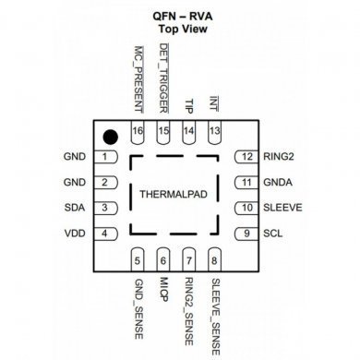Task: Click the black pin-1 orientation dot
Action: (x=109, y=137)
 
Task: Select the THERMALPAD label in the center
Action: (x=175, y=195)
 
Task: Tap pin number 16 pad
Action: (x=138, y=132)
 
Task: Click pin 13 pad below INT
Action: (x=214, y=132)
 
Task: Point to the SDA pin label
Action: (x=74, y=208)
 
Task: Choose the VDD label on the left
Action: (x=74, y=234)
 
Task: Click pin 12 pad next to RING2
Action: (x=246, y=157)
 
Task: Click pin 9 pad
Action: (x=246, y=234)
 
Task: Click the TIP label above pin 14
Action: (x=189, y=105)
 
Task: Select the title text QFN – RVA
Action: (x=180, y=16)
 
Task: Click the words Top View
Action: (x=180, y=30)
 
